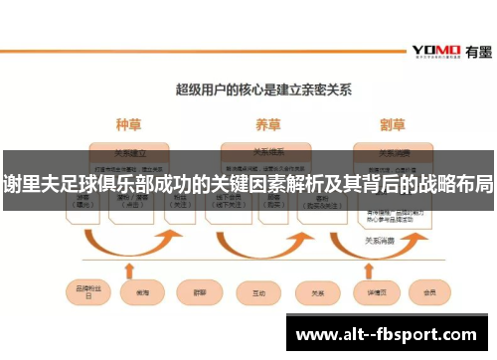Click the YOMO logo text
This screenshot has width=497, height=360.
tap(435, 50)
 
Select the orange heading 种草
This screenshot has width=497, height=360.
tap(129, 126)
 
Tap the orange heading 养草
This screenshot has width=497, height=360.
tap(267, 126)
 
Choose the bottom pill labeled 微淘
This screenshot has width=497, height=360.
tap(136, 292)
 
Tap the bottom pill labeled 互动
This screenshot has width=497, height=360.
tap(259, 292)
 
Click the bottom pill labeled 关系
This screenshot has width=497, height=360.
tap(318, 292)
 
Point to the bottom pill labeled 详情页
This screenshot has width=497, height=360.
tap(375, 292)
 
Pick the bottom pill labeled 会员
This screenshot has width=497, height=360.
tap(429, 292)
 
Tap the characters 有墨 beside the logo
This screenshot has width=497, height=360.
tap(476, 51)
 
